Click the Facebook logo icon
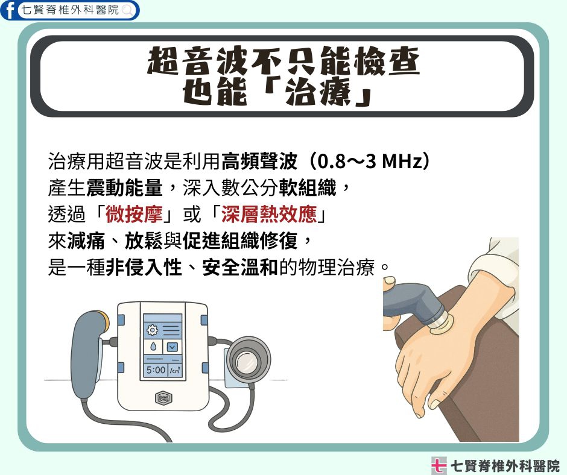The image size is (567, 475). pos(8,10)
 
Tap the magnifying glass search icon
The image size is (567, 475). pos(128,10)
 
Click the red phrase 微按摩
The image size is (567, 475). pos(134,215)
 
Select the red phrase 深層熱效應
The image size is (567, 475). pos(269,215)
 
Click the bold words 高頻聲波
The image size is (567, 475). pos(259,162)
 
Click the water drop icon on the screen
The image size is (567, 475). pos(153,347)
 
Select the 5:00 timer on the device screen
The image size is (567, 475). pos(156,370)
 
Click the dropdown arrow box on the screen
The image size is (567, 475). pos(172,347)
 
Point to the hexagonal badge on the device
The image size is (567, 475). pos(163,398)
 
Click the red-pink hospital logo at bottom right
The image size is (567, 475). pos(439,465)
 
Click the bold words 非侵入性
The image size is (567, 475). pos(144,268)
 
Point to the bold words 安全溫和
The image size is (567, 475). pos(240,268)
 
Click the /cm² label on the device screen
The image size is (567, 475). pos(175,370)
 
